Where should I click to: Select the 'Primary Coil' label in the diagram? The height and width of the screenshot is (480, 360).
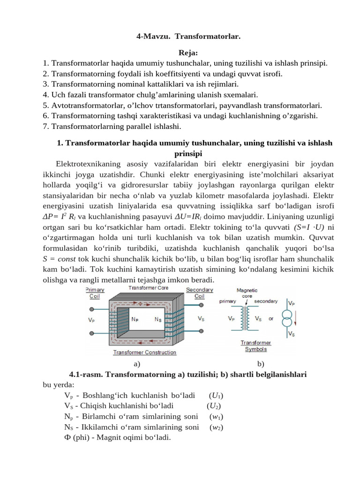(x=94, y=293)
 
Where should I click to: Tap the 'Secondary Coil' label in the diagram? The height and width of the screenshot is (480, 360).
(x=199, y=293)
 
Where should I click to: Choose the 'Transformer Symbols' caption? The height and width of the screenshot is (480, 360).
(x=256, y=345)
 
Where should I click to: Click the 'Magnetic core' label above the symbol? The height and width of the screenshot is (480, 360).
(x=247, y=293)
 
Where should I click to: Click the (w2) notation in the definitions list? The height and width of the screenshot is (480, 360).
(x=216, y=427)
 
